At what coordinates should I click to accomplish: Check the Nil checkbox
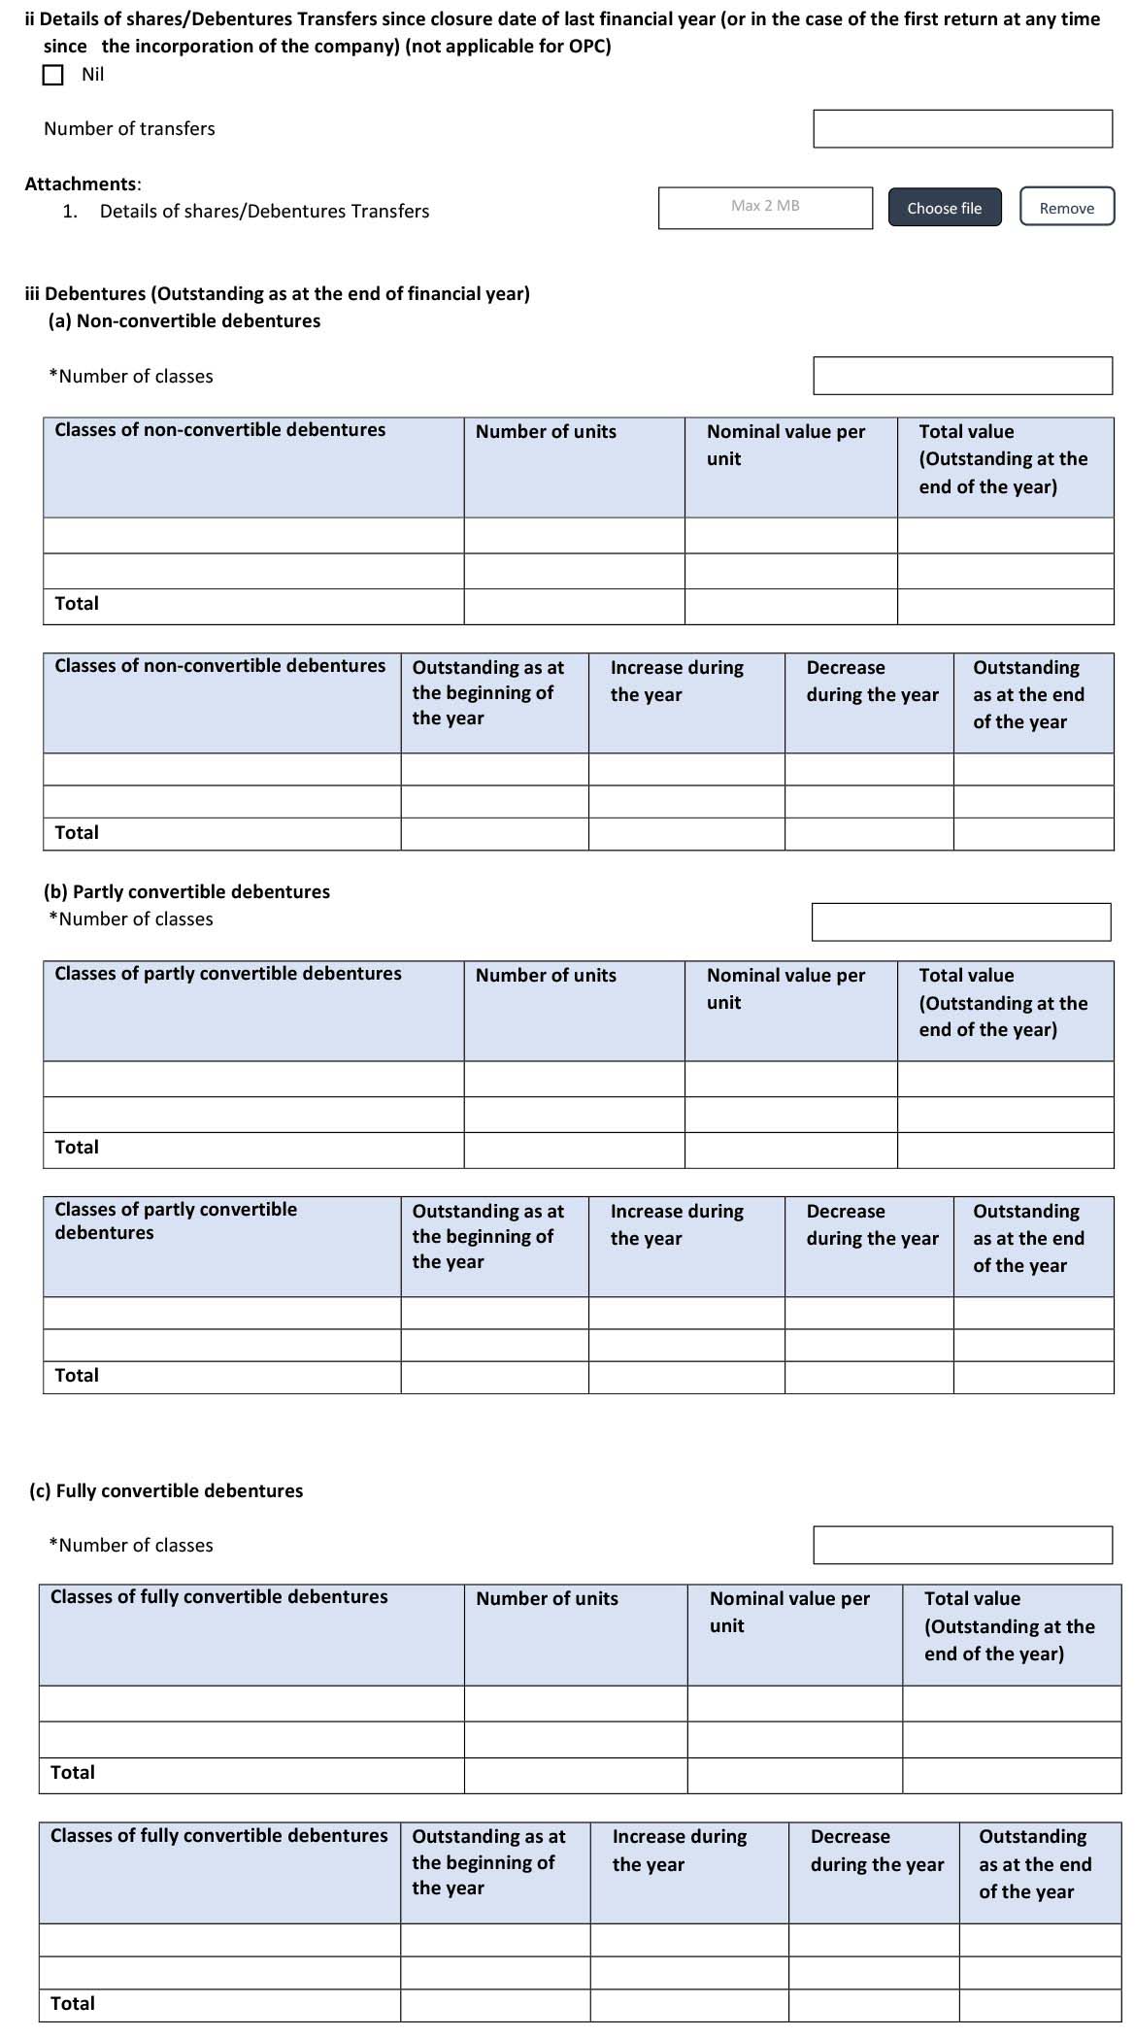pyautogui.click(x=53, y=75)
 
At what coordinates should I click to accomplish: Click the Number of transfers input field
pyautogui.click(x=961, y=128)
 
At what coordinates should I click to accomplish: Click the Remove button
pyautogui.click(x=1066, y=207)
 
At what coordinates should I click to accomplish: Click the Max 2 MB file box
pyautogui.click(x=765, y=207)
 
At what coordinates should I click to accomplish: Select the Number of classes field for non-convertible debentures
pyautogui.click(x=961, y=376)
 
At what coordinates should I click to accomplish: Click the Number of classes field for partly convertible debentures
pyautogui.click(x=960, y=921)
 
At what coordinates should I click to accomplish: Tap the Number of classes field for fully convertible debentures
pyautogui.click(x=961, y=1545)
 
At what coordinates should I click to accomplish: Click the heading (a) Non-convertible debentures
pyautogui.click(x=184, y=320)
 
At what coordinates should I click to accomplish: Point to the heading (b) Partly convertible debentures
pyautogui.click(x=187, y=891)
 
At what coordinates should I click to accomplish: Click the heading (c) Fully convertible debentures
pyautogui.click(x=166, y=1490)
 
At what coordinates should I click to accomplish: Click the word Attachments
pyautogui.click(x=82, y=184)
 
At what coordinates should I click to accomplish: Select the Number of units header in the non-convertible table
pyautogui.click(x=546, y=432)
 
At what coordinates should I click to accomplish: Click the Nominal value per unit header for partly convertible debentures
pyautogui.click(x=785, y=988)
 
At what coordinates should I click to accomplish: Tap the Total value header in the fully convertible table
pyautogui.click(x=1009, y=1625)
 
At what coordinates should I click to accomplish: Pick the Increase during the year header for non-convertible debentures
pyautogui.click(x=677, y=681)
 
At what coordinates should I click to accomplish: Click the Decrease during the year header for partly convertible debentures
pyautogui.click(x=872, y=1224)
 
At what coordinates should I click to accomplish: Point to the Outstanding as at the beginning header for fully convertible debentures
pyautogui.click(x=488, y=1861)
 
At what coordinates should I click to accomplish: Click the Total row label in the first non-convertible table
pyautogui.click(x=77, y=604)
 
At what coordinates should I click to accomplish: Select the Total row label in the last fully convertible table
pyautogui.click(x=73, y=2003)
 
